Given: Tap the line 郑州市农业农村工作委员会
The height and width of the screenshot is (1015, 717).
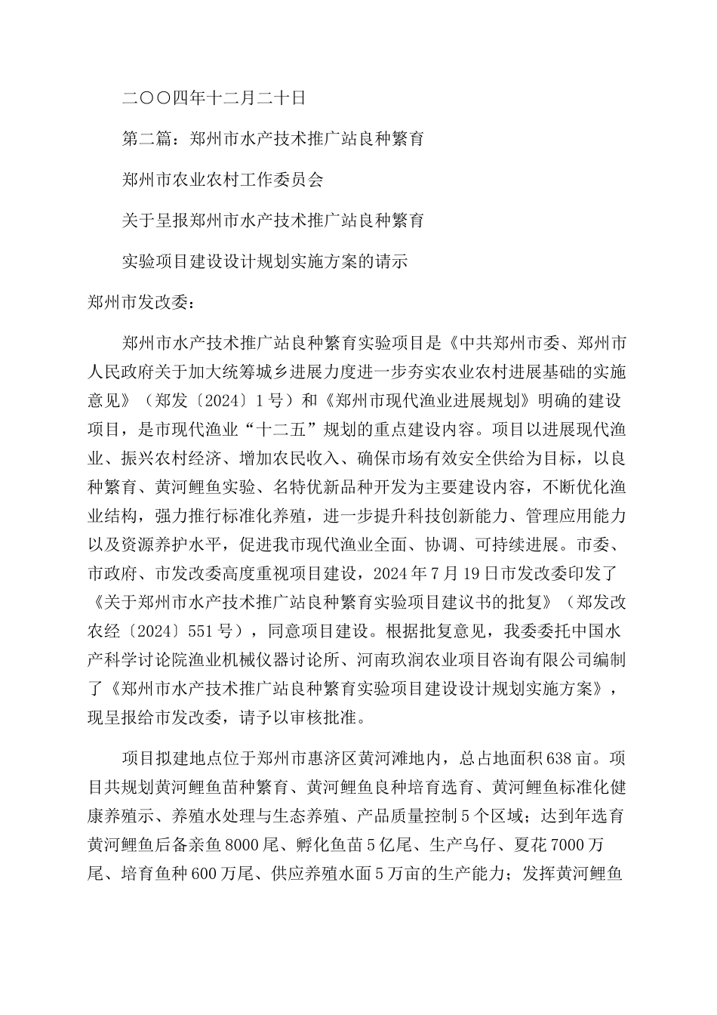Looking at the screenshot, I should (x=223, y=180).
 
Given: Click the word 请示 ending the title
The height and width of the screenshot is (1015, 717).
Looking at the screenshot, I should (x=390, y=261).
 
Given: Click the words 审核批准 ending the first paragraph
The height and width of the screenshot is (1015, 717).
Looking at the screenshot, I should (x=339, y=716).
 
